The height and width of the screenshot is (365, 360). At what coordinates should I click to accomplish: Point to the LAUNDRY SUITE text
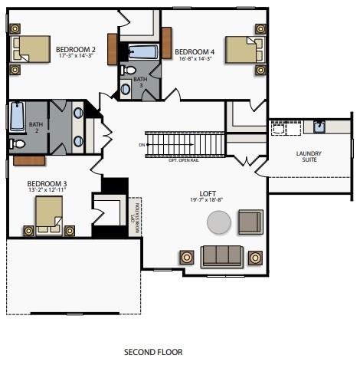point(309,157)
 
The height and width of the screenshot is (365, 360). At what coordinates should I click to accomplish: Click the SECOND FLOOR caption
point(153,352)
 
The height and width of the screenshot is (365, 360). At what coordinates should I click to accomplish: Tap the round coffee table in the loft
point(219,223)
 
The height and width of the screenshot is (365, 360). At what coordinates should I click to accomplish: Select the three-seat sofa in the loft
point(222,255)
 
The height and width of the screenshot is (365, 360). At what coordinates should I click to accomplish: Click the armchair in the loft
point(250,222)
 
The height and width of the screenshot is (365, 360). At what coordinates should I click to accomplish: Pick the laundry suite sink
point(319,127)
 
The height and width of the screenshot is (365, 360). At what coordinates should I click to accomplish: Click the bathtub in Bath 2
point(17,117)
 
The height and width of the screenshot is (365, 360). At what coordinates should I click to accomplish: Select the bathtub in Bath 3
point(142,52)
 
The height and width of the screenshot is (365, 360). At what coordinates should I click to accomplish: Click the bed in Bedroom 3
point(47,217)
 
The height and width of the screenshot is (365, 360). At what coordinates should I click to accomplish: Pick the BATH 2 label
point(36,127)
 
